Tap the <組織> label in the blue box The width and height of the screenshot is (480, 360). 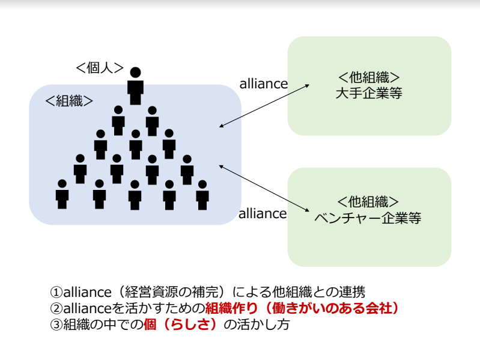[69, 100]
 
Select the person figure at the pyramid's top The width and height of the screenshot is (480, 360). [136, 84]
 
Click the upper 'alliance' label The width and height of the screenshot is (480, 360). [263, 84]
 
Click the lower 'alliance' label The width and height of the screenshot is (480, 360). [263, 213]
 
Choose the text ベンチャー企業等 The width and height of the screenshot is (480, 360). [368, 218]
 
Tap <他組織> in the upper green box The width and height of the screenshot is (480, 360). [369, 78]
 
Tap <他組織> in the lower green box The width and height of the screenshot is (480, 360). [368, 202]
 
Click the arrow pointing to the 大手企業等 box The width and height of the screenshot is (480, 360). [264, 105]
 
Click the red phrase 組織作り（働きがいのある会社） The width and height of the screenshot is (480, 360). [302, 308]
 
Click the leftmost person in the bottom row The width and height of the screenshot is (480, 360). [62, 194]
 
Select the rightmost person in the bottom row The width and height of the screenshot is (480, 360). [203, 194]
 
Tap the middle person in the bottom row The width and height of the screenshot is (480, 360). [135, 195]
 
